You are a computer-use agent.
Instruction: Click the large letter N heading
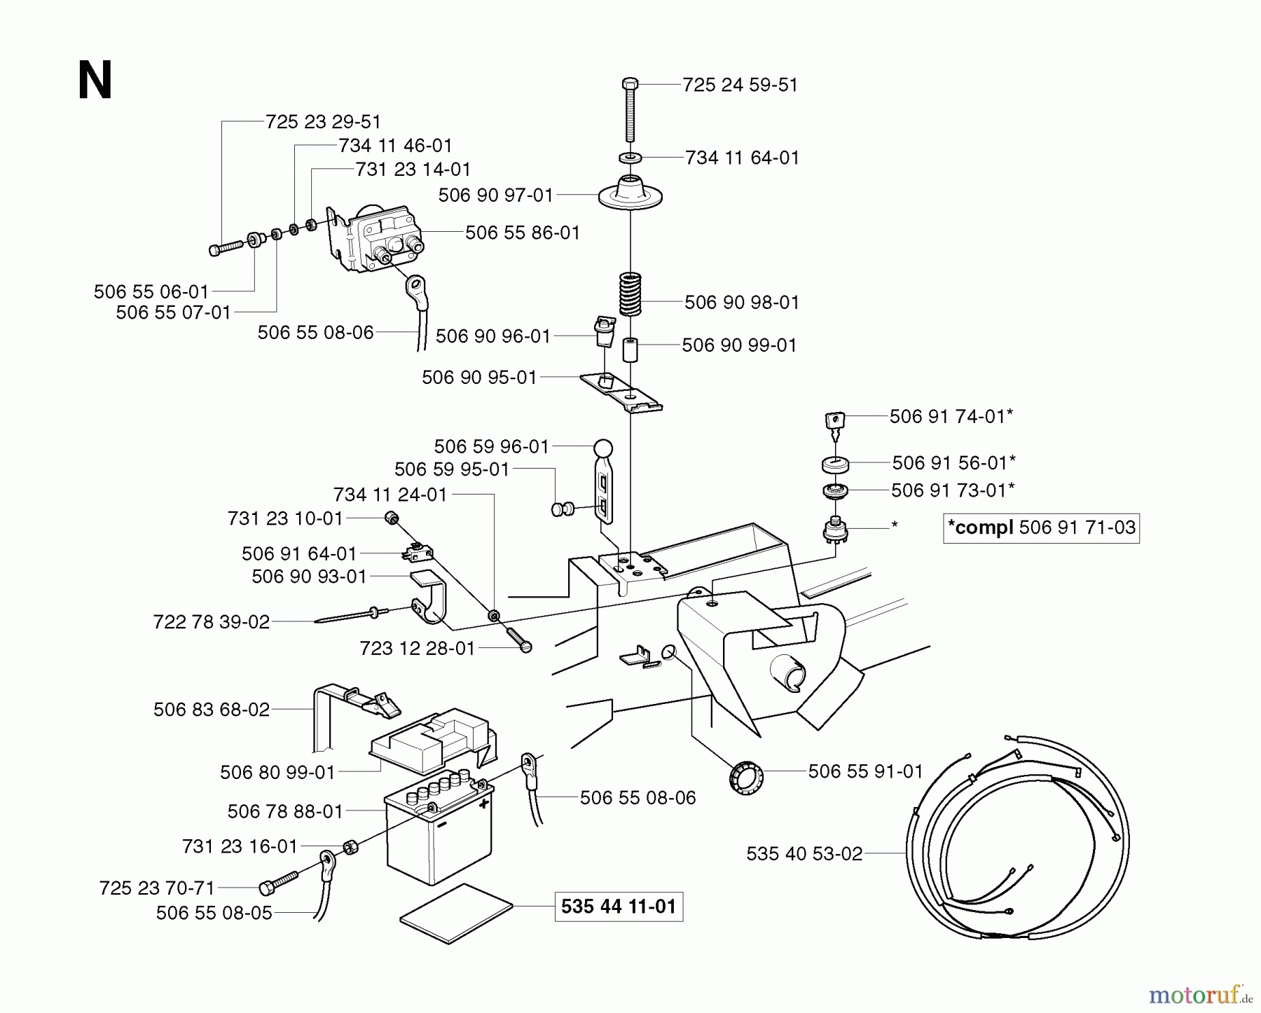click(x=95, y=81)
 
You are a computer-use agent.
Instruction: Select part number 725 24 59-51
click(x=740, y=85)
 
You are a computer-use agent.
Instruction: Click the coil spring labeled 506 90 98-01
click(x=630, y=294)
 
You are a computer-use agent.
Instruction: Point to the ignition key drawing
click(x=834, y=422)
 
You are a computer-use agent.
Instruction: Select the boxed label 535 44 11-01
click(x=619, y=907)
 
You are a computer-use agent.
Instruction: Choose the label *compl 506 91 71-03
click(x=1041, y=528)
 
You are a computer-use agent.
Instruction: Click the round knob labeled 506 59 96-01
click(x=602, y=448)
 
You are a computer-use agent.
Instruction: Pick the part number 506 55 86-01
click(x=523, y=233)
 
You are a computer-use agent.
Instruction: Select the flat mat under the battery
click(x=456, y=914)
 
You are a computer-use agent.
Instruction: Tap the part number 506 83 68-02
click(x=212, y=710)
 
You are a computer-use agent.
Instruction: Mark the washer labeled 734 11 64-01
click(x=629, y=158)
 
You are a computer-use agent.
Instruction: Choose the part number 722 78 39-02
click(x=212, y=622)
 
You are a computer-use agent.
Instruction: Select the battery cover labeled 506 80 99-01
click(x=431, y=743)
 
